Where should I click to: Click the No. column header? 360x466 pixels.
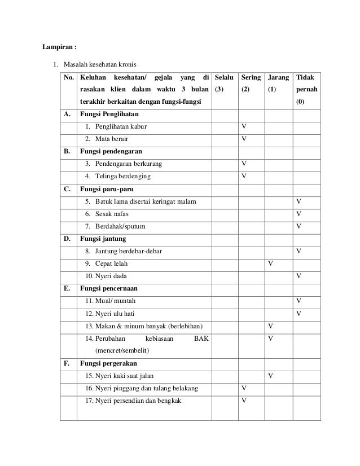[x=69, y=76]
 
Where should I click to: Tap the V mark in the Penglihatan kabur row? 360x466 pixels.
[x=243, y=126]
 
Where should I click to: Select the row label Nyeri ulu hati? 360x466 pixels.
[x=109, y=314]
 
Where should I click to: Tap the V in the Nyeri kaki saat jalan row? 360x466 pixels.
[x=271, y=375]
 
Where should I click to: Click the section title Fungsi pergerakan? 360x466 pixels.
[x=108, y=363]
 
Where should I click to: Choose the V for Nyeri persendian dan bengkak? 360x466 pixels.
[x=243, y=401]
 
